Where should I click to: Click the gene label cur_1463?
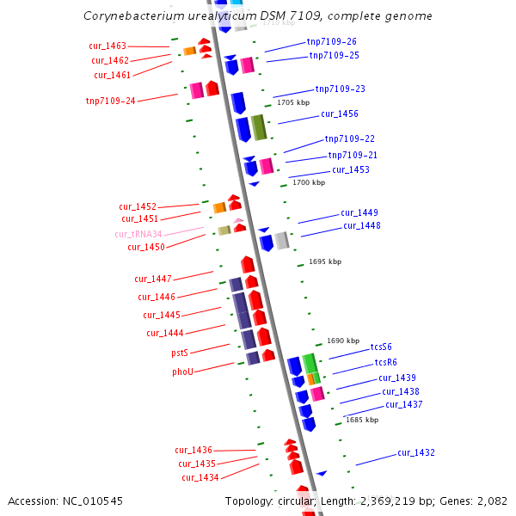107,46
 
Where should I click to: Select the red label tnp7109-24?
110,101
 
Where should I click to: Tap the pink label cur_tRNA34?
138,234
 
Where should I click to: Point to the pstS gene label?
180,353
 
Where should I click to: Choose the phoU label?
182,372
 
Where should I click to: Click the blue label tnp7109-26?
331,41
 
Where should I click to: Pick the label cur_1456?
340,114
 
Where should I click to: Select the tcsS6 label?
381,347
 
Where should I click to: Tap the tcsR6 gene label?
385,362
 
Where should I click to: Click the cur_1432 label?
415,452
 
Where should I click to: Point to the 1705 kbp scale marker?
292,102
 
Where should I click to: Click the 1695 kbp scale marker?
325,261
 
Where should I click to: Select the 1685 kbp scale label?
362,420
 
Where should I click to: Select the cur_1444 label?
164,333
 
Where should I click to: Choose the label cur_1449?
359,212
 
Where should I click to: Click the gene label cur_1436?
193,450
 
